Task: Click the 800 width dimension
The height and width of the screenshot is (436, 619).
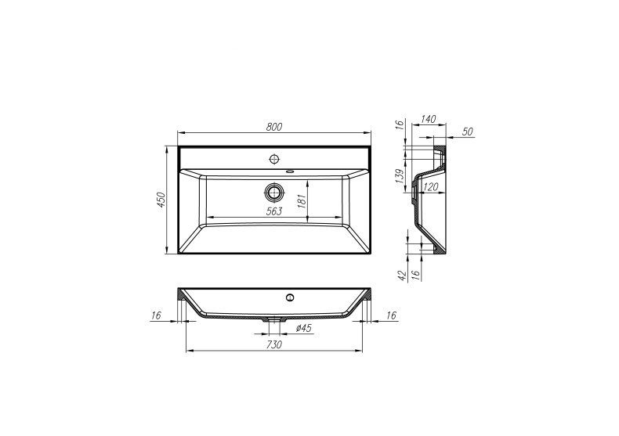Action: (x=273, y=126)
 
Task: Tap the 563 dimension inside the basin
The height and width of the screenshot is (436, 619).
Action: (x=273, y=210)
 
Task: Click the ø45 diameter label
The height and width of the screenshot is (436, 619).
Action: (x=304, y=329)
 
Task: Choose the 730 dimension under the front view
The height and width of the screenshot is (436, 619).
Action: (x=274, y=344)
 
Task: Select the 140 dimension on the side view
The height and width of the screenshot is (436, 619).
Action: (x=428, y=120)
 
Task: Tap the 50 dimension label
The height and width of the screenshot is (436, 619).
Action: (x=467, y=132)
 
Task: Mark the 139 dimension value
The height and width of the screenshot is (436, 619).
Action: (x=399, y=177)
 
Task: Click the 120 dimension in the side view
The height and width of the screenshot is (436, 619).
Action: (x=430, y=187)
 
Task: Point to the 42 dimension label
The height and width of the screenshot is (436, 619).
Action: (x=400, y=275)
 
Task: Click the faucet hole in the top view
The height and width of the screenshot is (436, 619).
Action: (x=273, y=159)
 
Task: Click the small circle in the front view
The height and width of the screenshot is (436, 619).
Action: (x=289, y=297)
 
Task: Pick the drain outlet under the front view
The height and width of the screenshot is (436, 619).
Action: (x=273, y=319)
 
